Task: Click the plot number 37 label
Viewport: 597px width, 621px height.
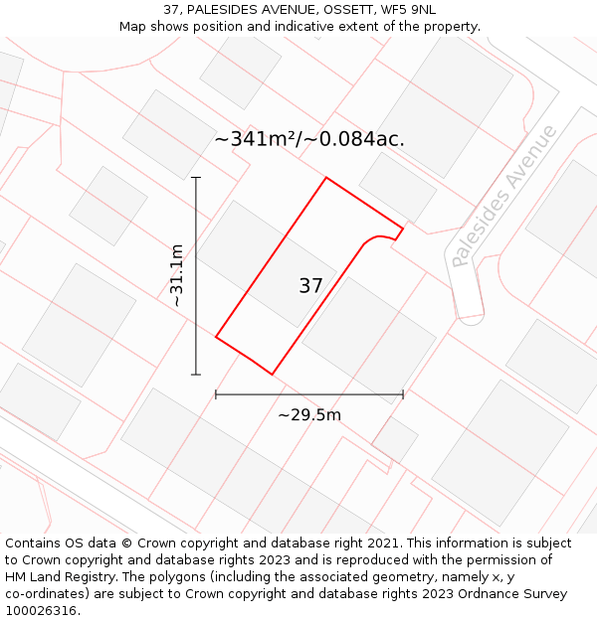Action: tap(310, 286)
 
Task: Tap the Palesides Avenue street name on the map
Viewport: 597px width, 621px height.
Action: tap(502, 196)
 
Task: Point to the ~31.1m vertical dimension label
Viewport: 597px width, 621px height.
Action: tap(177, 275)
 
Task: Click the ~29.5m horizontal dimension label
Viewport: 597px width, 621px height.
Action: tap(309, 414)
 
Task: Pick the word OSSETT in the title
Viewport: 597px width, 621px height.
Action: tap(346, 10)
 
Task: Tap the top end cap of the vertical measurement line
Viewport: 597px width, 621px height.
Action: tap(196, 178)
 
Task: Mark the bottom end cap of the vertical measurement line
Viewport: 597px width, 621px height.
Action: tap(196, 375)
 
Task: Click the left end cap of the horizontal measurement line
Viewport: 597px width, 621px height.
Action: tap(216, 394)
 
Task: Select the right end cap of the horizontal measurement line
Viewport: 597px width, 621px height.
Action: tap(403, 394)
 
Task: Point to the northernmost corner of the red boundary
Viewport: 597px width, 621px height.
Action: tap(326, 178)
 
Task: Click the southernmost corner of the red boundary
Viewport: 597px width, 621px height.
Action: tap(273, 375)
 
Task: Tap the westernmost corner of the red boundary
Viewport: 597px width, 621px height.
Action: tap(216, 338)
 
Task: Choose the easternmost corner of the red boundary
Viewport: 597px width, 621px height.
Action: tap(403, 228)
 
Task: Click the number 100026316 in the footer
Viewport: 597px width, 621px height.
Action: tap(43, 611)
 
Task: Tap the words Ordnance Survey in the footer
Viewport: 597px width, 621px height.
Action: tap(514, 594)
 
